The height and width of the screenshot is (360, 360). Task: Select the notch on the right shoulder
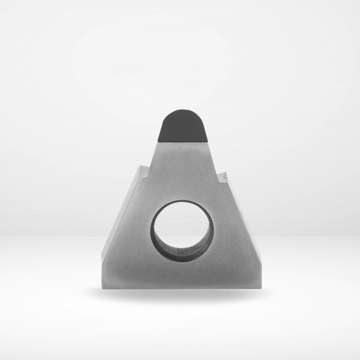coord(221,177)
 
